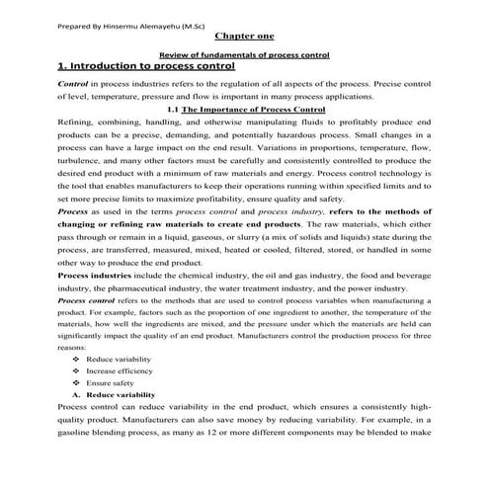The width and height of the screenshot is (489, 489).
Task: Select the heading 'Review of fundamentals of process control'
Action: pos(244,56)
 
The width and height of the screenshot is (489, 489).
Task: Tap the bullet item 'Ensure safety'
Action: pos(112,382)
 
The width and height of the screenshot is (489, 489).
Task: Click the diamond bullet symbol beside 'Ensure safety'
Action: pos(76,382)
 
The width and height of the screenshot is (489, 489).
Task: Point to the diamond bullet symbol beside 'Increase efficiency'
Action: pos(76,371)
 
